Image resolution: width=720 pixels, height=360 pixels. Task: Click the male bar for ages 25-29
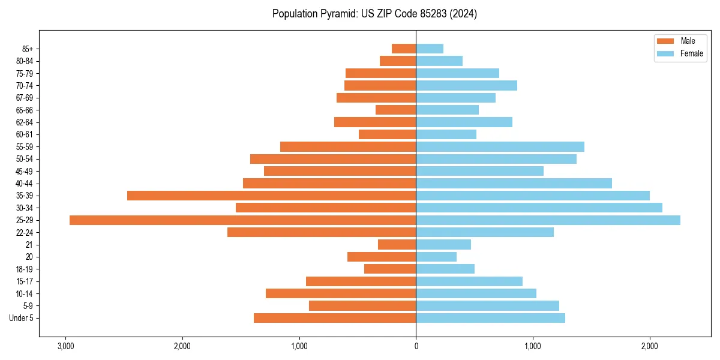point(242,220)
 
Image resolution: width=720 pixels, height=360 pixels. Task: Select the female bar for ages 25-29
point(548,220)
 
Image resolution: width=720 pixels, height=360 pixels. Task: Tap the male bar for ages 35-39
point(271,196)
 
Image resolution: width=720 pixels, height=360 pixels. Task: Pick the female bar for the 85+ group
point(430,49)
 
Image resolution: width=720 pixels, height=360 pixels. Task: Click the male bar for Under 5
point(335,318)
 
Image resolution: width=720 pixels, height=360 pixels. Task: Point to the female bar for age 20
point(436,257)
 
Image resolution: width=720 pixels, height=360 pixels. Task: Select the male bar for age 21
point(397,245)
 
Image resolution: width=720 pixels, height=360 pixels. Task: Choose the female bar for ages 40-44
point(514,183)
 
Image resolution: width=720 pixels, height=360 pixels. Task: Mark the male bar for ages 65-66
point(395,110)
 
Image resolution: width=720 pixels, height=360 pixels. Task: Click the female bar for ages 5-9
point(487,306)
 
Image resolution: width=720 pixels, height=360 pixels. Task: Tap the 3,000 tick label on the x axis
point(65,347)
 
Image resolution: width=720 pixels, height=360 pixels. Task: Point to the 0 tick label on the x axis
point(416,347)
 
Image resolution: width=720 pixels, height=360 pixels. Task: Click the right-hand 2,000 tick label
point(649,347)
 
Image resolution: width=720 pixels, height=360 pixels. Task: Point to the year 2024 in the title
point(466,14)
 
